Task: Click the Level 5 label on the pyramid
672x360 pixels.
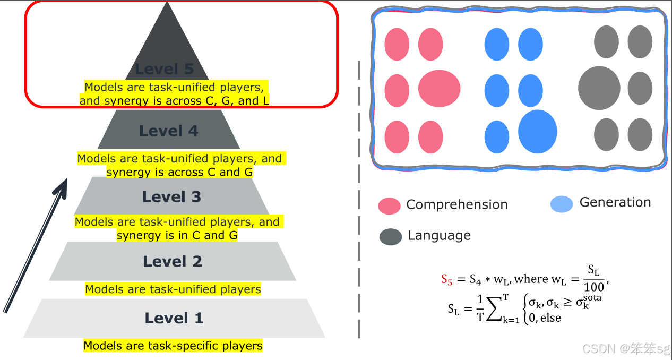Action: coord(164,69)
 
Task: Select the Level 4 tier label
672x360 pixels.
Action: coord(168,131)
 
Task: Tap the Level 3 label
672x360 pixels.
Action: coord(171,197)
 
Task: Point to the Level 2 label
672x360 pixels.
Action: coord(173,261)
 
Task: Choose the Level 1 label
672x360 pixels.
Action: coord(174,318)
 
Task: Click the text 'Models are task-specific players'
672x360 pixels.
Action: coord(173,346)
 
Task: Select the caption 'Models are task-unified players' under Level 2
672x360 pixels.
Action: coord(173,289)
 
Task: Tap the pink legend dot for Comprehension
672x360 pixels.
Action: coord(389,206)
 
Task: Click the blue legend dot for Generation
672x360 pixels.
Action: coord(562,204)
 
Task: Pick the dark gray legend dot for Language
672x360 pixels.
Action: coord(391,237)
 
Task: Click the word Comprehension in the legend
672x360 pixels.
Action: coord(456,204)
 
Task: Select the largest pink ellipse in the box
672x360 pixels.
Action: coord(439,88)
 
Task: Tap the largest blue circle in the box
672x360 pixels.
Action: coord(537,132)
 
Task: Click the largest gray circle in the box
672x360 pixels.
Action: coord(599,88)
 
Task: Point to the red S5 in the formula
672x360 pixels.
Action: coord(446,280)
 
